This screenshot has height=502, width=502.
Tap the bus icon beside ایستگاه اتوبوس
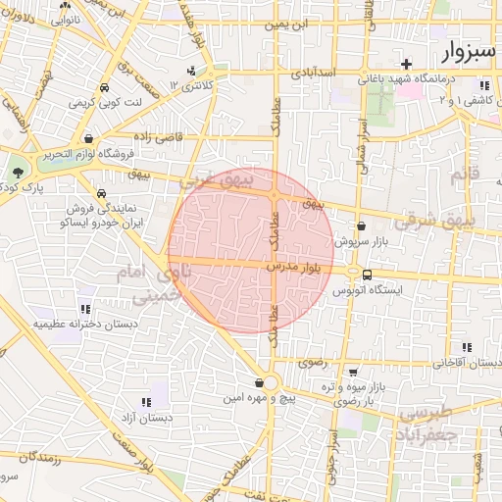click(x=367, y=275)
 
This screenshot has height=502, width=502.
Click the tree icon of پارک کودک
click(x=18, y=173)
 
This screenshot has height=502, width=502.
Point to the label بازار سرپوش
click(x=361, y=240)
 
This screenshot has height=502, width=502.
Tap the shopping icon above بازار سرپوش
click(x=361, y=226)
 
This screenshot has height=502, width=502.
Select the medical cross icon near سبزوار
click(x=405, y=64)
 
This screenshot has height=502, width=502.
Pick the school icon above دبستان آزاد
click(x=147, y=402)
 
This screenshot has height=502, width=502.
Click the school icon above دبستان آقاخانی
click(x=466, y=347)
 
